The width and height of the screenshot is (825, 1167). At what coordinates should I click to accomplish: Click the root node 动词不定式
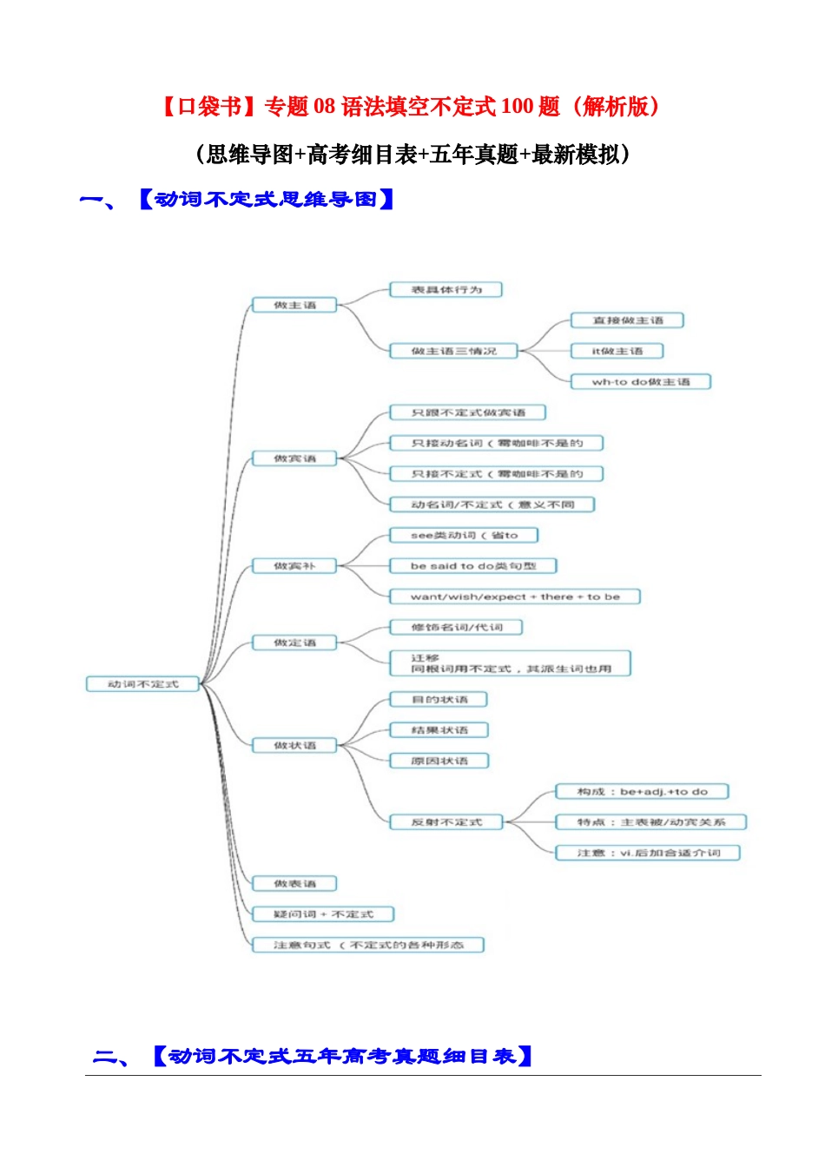coord(143,684)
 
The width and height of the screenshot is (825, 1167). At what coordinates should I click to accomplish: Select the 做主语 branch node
coord(294,305)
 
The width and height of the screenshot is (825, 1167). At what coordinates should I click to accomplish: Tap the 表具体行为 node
coord(445,289)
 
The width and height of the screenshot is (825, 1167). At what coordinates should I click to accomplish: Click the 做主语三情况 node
coord(453,351)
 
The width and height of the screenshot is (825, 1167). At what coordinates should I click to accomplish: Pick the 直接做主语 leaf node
coord(627,320)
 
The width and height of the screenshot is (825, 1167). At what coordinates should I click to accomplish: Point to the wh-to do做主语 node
coord(640,381)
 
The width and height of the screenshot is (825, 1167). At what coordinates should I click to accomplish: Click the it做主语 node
coord(617,351)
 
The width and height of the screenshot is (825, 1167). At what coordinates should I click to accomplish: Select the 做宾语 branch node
coord(294,458)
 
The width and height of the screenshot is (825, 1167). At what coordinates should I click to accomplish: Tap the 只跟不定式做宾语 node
coord(467,412)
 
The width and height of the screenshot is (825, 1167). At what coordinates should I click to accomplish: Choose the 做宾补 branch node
coord(294,566)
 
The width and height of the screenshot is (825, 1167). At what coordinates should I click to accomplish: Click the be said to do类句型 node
coord(472,566)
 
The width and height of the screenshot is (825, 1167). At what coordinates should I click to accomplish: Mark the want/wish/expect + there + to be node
coord(514,597)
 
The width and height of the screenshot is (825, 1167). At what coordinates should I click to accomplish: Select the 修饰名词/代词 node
coord(456,627)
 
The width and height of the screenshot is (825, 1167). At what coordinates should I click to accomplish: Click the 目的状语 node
coord(439,699)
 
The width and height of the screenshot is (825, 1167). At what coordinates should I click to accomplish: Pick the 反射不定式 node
coord(445,821)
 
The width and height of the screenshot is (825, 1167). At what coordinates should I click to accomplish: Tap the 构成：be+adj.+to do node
coord(642,792)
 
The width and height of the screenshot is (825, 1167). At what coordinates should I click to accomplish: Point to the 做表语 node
coord(294,884)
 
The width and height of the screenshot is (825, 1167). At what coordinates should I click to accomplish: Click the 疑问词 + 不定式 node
coord(322,914)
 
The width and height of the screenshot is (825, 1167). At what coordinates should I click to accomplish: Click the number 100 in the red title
coord(517,107)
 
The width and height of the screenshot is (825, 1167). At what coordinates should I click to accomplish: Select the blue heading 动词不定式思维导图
coord(266,200)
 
